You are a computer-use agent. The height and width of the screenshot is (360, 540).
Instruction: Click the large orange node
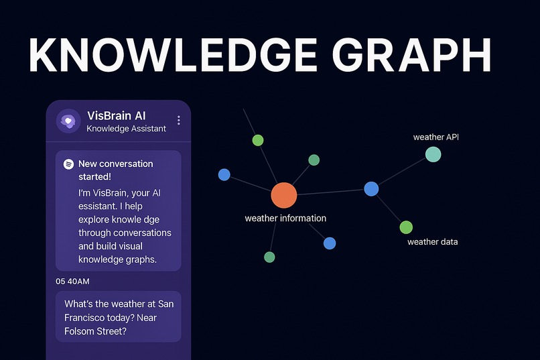coord(283,195)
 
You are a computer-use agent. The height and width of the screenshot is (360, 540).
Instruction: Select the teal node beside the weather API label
coord(433,154)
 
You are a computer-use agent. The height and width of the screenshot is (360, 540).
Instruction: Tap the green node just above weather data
coord(406,227)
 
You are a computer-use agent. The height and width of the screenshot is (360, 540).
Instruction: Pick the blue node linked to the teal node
coord(371,189)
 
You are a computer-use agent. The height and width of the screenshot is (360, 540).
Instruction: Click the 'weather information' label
coord(285,219)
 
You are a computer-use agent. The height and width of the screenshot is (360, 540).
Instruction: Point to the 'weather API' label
coord(435,137)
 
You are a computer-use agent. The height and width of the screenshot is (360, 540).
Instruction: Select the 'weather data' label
coord(433,242)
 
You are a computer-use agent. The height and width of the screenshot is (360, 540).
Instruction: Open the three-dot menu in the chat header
coord(179,121)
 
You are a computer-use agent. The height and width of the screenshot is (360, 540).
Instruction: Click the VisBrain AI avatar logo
coord(68,121)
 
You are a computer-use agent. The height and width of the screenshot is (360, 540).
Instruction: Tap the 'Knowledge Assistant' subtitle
coord(127,129)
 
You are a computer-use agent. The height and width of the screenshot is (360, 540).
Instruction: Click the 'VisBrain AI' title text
coord(118,115)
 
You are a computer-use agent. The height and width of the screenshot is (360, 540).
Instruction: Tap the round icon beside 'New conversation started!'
coord(68,164)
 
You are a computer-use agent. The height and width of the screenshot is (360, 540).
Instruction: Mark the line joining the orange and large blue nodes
coord(328,192)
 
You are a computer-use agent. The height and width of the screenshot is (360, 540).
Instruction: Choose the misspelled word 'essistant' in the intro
coord(98,206)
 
